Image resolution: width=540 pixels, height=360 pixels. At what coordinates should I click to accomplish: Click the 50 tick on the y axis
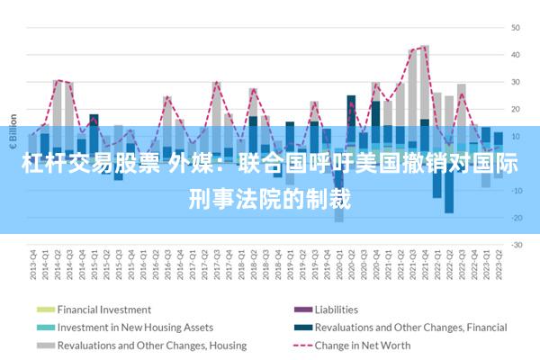517,27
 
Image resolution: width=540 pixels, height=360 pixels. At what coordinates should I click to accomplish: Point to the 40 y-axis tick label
517,54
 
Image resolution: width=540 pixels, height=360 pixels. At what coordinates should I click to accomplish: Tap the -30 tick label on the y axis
517,245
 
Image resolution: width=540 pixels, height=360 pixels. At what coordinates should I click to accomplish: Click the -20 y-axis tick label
517,218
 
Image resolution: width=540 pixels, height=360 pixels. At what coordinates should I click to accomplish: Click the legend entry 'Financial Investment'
104,310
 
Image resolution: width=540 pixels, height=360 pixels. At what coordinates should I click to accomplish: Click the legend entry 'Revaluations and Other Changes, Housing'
151,346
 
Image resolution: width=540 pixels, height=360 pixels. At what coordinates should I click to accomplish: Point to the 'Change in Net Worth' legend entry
364,346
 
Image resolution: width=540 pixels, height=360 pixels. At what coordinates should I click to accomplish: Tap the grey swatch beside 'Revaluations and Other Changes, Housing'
45,346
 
